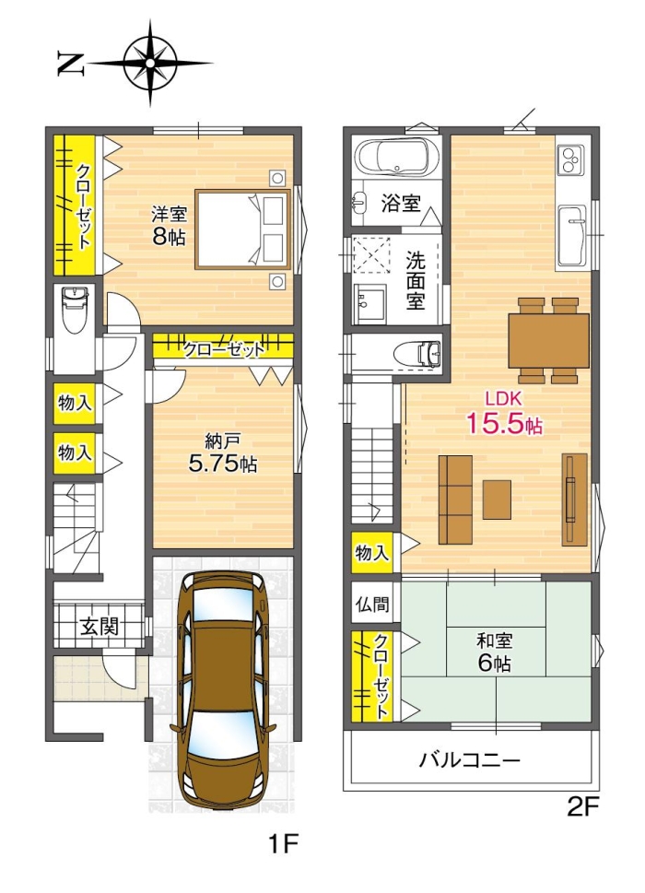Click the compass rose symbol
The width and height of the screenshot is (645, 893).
(x=150, y=63)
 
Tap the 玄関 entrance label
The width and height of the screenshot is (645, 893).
(x=99, y=628)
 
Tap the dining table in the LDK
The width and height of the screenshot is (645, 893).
(x=548, y=340)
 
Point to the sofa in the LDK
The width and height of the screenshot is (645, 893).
(x=455, y=499)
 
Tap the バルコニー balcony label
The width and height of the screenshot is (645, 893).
(x=471, y=761)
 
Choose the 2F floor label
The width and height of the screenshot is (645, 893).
(x=582, y=807)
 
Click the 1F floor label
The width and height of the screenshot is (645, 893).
(x=285, y=843)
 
